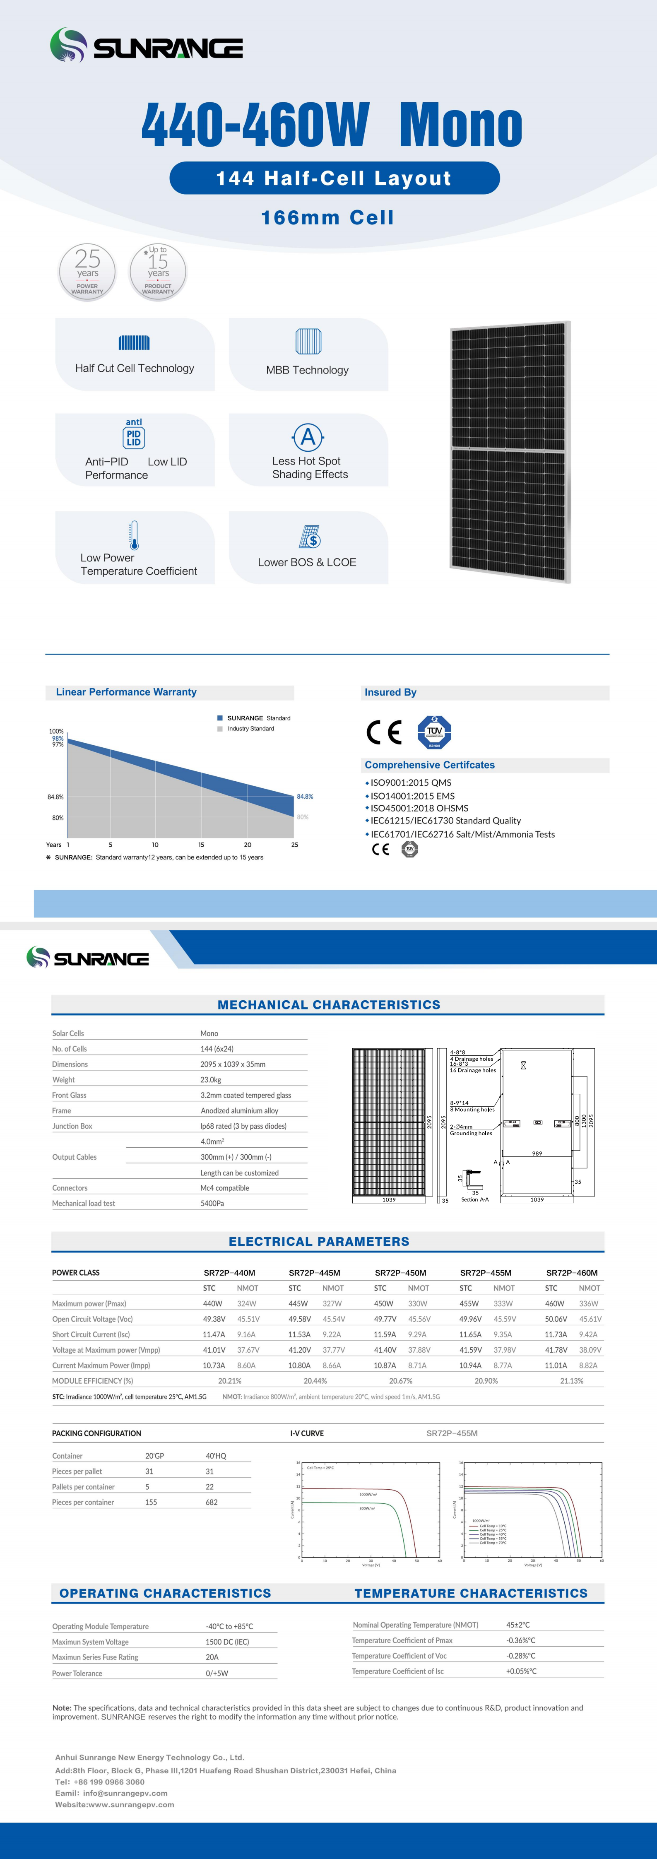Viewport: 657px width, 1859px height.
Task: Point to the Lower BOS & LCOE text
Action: pyautogui.click(x=307, y=562)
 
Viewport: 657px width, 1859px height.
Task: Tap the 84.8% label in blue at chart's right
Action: pyautogui.click(x=305, y=797)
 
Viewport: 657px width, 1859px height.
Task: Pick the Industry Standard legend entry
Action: pyautogui.click(x=250, y=729)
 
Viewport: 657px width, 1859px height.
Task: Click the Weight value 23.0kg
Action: pyautogui.click(x=211, y=1080)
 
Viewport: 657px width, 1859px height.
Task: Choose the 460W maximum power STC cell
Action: pyautogui.click(x=554, y=1303)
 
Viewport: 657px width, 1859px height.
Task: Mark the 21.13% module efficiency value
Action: pyautogui.click(x=571, y=1380)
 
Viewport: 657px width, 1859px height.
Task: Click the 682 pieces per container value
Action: pyautogui.click(x=212, y=1502)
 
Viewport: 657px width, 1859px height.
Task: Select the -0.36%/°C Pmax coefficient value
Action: pyautogui.click(x=520, y=1640)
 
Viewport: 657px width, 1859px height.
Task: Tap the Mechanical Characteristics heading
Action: pyautogui.click(x=329, y=1004)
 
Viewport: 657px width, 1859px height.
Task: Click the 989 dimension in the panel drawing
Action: pyautogui.click(x=537, y=1153)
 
